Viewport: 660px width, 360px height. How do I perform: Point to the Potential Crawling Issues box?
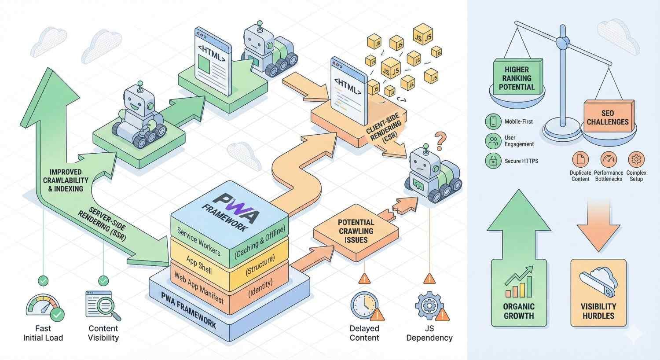click(356, 231)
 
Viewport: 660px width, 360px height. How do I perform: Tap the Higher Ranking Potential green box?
click(517, 78)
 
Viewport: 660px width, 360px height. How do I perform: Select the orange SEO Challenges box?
click(608, 117)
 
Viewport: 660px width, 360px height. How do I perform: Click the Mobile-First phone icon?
click(493, 121)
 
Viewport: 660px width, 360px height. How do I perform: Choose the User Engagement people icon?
click(493, 141)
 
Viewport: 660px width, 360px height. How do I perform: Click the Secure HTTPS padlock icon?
click(493, 161)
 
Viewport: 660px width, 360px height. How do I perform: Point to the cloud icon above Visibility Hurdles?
click(598, 282)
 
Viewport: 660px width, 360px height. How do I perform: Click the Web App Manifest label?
click(199, 287)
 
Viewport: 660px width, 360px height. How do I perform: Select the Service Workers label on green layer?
click(198, 240)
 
